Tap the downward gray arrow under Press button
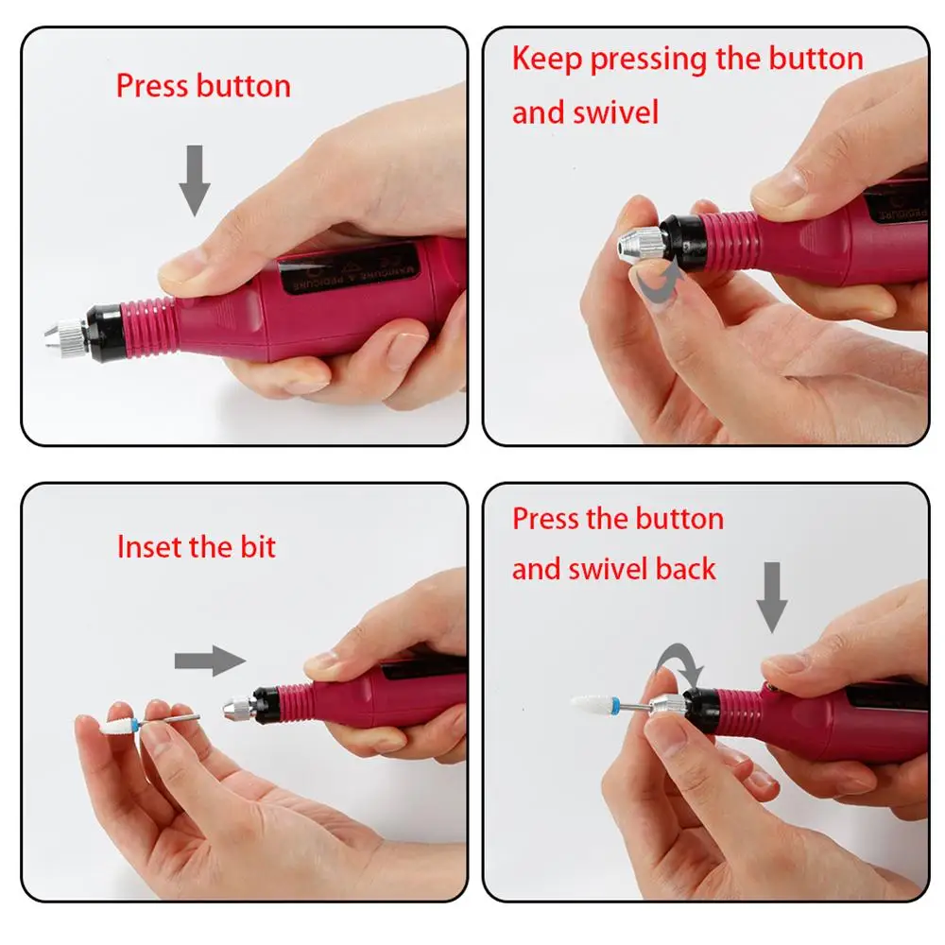click(x=195, y=180)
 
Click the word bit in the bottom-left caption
click(x=258, y=546)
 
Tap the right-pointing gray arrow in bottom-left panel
click(x=210, y=661)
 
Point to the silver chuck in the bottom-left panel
click(x=239, y=706)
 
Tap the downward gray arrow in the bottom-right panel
click(x=771, y=597)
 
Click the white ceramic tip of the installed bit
click(x=592, y=703)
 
